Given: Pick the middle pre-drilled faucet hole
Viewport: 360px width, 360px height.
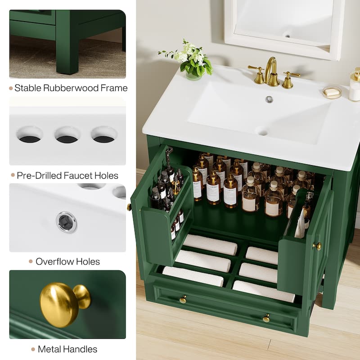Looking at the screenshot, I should [x=67, y=135].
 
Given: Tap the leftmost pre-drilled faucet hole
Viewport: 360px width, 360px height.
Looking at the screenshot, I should [x=30, y=135].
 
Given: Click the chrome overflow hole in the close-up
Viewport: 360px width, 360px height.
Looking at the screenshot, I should [x=67, y=222].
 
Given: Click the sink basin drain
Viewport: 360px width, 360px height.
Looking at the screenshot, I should [x=262, y=131].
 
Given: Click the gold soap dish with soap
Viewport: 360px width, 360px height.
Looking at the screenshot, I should [x=332, y=92].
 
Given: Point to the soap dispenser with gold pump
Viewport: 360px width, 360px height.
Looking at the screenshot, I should [x=355, y=85].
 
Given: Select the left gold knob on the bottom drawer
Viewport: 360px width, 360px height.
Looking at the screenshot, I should [x=183, y=299].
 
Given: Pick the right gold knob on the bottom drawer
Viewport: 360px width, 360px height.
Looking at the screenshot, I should [x=266, y=318].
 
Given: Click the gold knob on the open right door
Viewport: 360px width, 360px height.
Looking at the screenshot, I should [x=318, y=246].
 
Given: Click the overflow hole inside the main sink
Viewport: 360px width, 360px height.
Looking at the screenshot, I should [x=269, y=99].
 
